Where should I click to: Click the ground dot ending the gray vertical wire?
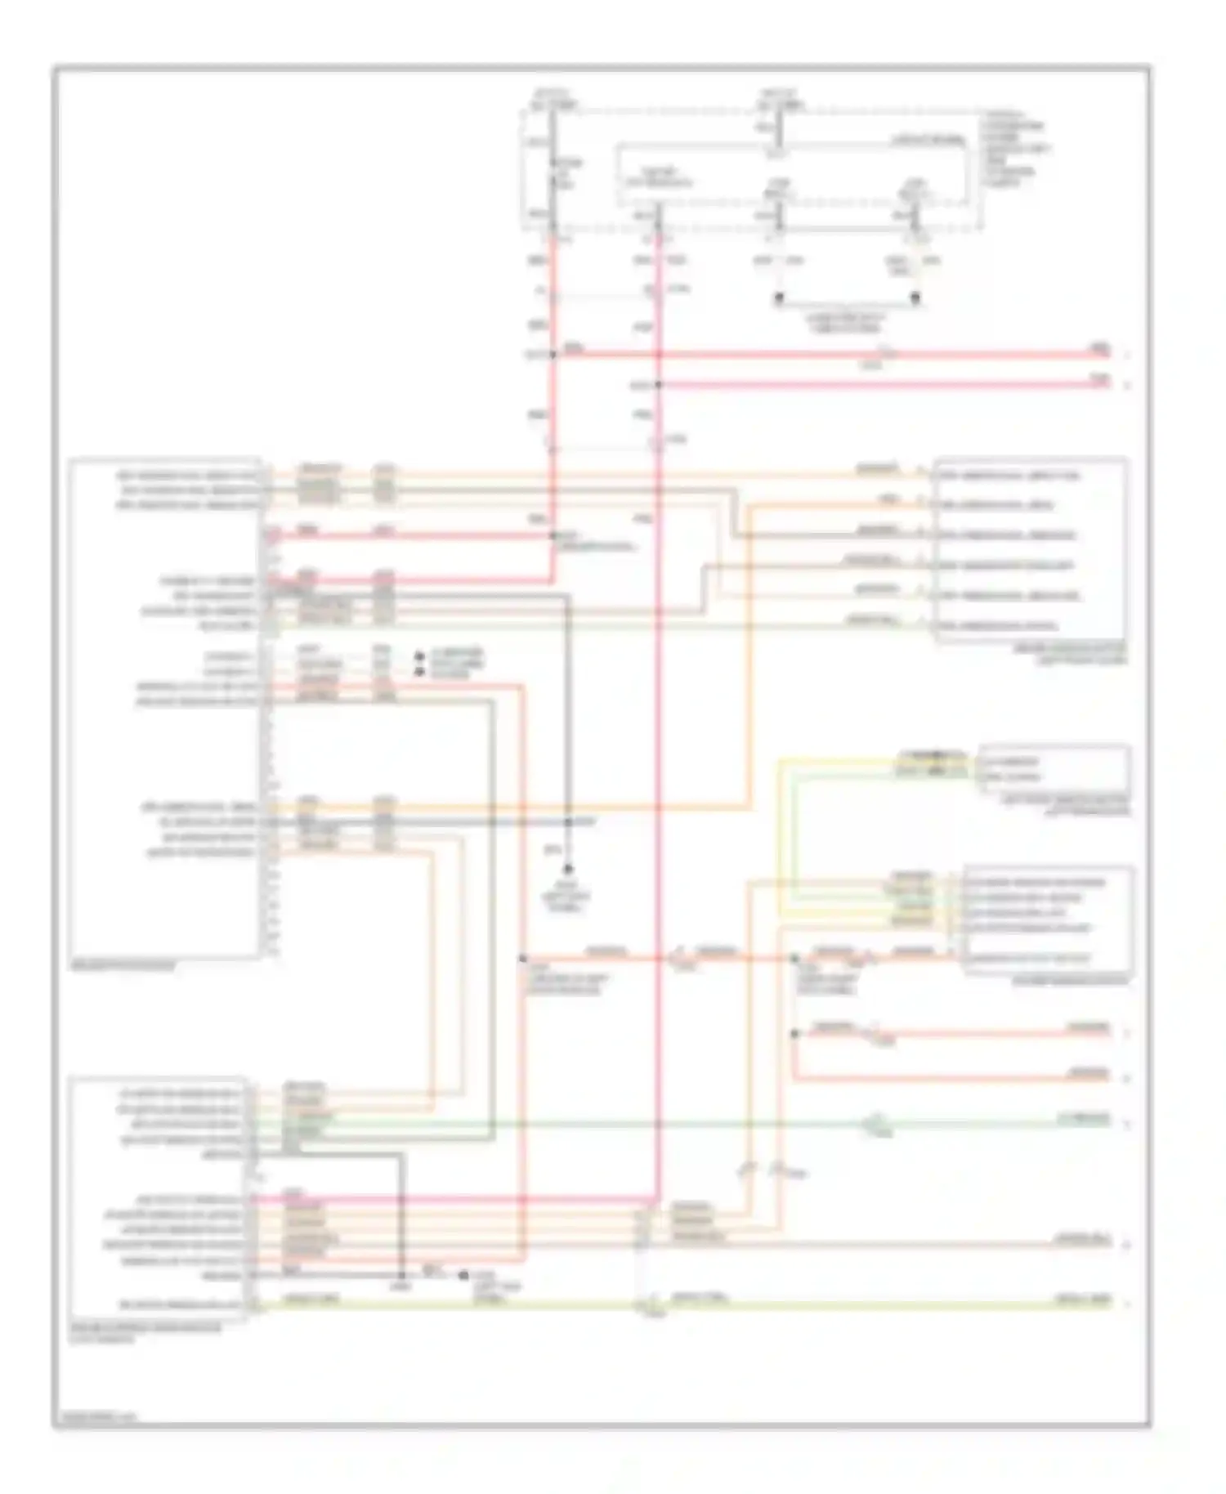click(567, 870)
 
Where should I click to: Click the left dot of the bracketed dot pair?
click(779, 298)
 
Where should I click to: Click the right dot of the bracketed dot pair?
click(915, 298)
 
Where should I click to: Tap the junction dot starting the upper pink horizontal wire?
click(553, 355)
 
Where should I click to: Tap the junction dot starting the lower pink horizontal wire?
click(658, 384)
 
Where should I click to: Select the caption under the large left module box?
click(123, 966)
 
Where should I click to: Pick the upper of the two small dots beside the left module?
click(420, 656)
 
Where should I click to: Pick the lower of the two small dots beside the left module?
click(420, 671)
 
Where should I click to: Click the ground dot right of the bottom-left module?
click(463, 1275)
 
